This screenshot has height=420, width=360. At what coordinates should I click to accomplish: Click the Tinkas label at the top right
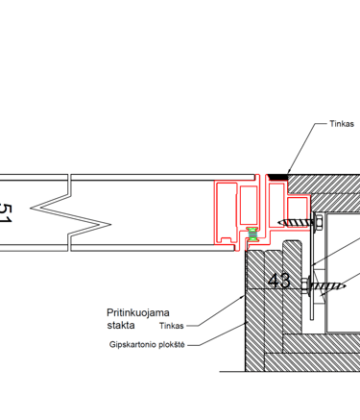(342, 124)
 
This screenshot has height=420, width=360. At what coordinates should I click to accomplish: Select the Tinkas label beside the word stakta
(172, 326)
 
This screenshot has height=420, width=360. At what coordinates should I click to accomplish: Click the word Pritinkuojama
(138, 312)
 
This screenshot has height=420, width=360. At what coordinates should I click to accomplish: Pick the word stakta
(121, 325)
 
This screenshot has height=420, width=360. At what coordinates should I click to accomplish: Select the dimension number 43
(279, 281)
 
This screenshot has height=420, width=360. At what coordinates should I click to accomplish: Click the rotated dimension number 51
(5, 213)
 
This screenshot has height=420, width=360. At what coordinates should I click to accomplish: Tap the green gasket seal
(252, 235)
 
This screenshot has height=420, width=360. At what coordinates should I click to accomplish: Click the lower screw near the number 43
(324, 284)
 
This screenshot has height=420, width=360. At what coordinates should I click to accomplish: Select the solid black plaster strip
(277, 177)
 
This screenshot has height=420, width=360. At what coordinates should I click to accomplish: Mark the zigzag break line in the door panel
(70, 213)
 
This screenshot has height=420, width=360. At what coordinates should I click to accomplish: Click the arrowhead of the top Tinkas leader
(288, 172)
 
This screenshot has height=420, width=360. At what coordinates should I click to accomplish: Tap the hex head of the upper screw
(318, 222)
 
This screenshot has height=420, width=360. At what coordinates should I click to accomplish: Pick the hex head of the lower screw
(305, 284)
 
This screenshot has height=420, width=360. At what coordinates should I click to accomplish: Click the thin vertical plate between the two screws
(312, 265)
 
